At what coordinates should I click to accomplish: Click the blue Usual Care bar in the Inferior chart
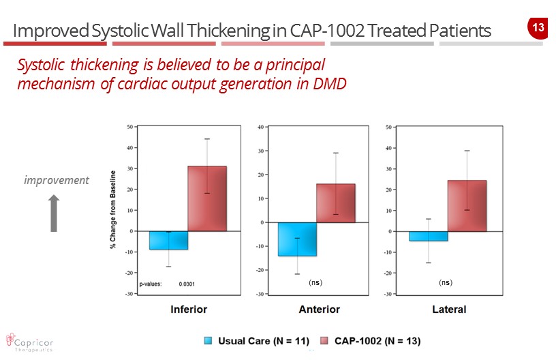click(168, 240)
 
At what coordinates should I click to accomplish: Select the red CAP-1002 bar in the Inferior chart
click(207, 198)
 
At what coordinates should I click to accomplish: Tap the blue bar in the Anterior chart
click(297, 239)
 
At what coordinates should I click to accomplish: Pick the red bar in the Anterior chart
click(336, 203)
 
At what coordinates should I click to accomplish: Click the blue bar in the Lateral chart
click(428, 236)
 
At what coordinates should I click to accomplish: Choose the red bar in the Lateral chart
click(467, 206)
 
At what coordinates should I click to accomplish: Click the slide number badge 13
click(538, 28)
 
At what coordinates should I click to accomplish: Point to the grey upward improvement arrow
click(55, 213)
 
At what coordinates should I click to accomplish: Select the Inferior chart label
click(189, 310)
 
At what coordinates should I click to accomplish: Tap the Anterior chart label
click(319, 310)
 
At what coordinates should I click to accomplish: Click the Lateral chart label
click(449, 310)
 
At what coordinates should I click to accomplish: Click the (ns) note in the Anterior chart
click(315, 282)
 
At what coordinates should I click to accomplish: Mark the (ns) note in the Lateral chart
click(446, 282)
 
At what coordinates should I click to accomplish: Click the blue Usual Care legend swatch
click(209, 340)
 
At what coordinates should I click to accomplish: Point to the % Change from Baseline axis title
click(113, 209)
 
